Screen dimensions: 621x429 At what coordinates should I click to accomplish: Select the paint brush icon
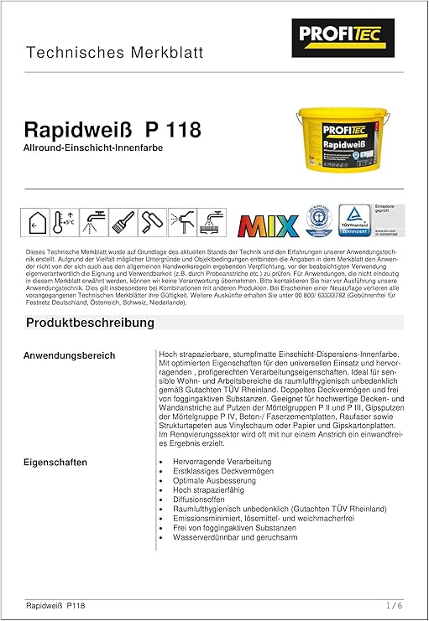123,221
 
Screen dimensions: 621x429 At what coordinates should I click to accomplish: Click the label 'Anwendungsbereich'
70,356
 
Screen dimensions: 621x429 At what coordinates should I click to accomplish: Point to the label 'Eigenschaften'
56,462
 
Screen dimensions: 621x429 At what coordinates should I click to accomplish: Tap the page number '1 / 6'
395,605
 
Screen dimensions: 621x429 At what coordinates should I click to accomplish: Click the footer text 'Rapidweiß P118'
55,605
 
